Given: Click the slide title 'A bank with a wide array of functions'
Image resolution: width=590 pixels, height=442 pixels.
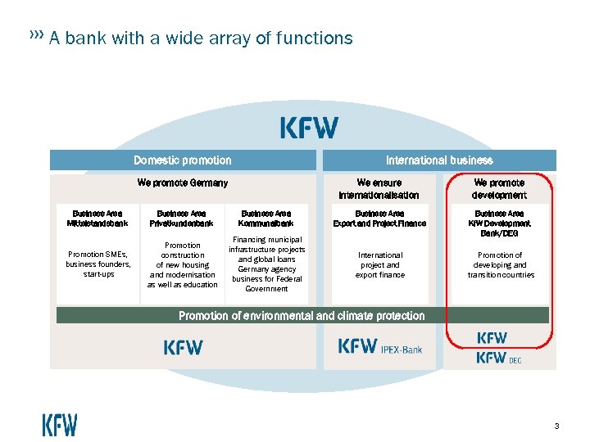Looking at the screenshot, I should pyautogui.click(x=201, y=38).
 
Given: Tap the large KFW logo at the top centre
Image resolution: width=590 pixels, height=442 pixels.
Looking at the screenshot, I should pyautogui.click(x=309, y=128).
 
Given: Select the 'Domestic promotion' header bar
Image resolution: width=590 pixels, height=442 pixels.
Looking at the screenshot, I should pyautogui.click(x=183, y=160).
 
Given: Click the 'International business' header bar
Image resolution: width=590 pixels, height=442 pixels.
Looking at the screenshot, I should pyautogui.click(x=439, y=160).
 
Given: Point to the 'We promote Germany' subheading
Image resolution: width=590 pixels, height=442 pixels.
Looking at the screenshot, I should pyautogui.click(x=183, y=183).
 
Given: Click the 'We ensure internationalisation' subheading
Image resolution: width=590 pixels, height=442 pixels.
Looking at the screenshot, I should pyautogui.click(x=379, y=189).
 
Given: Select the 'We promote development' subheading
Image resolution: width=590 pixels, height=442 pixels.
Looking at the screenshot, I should pyautogui.click(x=499, y=189).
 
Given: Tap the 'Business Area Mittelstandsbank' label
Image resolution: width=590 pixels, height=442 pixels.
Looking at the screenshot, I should pyautogui.click(x=98, y=218).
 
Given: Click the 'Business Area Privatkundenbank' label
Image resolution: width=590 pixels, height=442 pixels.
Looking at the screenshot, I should pyautogui.click(x=183, y=218).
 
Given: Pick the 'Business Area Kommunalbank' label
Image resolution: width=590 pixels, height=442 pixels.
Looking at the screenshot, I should pyautogui.click(x=266, y=218).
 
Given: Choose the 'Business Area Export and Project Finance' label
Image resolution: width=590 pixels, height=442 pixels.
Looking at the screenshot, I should pyautogui.click(x=379, y=218).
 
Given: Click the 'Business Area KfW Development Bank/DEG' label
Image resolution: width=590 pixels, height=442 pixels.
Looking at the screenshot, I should pyautogui.click(x=499, y=223).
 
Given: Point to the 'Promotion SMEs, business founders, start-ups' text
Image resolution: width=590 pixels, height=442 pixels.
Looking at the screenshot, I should pyautogui.click(x=98, y=264).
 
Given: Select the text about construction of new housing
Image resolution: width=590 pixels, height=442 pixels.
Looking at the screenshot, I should pyautogui.click(x=183, y=264).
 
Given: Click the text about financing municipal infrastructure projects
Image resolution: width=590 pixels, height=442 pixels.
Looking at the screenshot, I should pyautogui.click(x=266, y=264).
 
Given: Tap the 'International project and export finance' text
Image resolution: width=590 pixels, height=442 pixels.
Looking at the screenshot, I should pyautogui.click(x=379, y=264).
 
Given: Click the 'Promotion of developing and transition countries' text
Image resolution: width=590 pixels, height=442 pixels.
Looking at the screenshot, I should pyautogui.click(x=501, y=264).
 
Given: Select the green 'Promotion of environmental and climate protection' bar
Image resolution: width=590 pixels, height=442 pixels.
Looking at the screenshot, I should pyautogui.click(x=302, y=315).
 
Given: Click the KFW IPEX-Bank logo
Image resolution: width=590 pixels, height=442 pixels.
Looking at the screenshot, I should pyautogui.click(x=380, y=347).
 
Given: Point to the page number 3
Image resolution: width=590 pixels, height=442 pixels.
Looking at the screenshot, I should pyautogui.click(x=556, y=426).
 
